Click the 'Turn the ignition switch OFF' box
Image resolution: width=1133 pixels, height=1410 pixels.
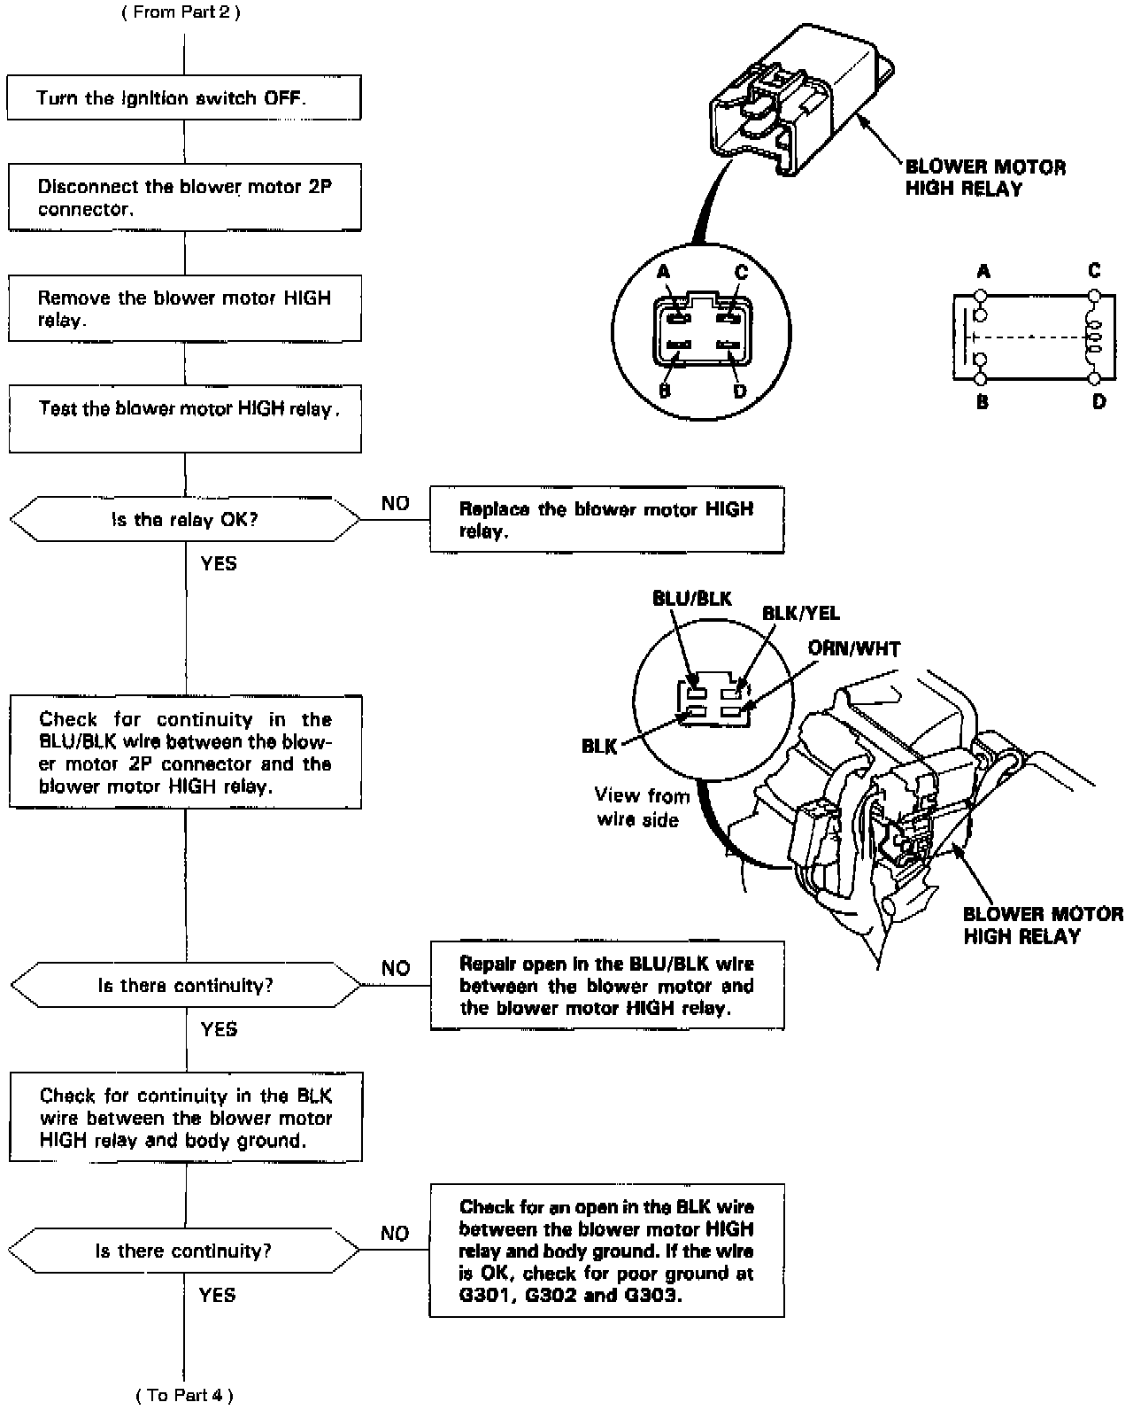click(x=184, y=97)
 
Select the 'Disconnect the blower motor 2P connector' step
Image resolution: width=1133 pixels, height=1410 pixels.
click(x=184, y=198)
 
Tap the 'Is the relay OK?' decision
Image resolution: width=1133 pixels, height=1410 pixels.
click(x=184, y=519)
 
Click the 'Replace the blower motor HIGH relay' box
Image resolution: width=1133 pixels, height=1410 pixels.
click(x=606, y=520)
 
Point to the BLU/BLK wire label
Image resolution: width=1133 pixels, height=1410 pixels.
click(x=692, y=599)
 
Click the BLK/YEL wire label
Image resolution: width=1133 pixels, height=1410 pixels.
click(x=801, y=613)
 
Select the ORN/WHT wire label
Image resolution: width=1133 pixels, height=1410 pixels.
click(x=853, y=649)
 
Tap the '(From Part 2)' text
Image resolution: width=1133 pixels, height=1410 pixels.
click(x=181, y=12)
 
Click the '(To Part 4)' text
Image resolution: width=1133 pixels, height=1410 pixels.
click(x=184, y=1396)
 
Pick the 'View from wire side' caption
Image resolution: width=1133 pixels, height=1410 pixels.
click(x=641, y=807)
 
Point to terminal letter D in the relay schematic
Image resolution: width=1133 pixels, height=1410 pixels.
click(x=1098, y=402)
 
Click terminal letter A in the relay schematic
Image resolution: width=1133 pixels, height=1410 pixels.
click(x=983, y=271)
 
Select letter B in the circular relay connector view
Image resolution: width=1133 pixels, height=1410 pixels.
click(x=665, y=391)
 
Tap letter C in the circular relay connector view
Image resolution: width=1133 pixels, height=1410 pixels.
click(x=741, y=272)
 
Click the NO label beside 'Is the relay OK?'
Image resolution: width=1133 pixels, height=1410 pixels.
click(x=396, y=503)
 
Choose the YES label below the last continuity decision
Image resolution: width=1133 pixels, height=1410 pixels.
click(x=217, y=1295)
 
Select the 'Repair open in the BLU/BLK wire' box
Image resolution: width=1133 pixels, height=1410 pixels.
click(x=606, y=986)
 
